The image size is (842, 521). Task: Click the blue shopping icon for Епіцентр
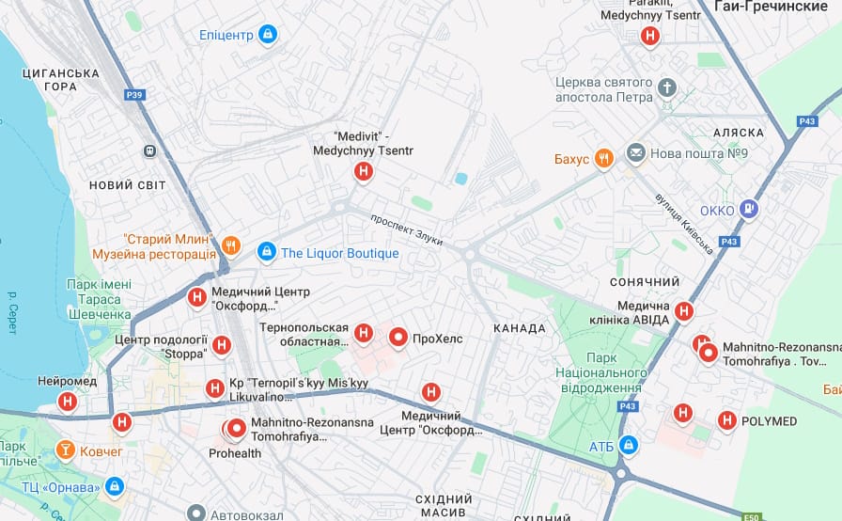coord(268,35)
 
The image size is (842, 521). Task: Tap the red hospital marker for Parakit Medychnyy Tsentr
coord(648,37)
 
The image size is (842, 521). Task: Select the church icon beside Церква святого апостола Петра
coord(666,87)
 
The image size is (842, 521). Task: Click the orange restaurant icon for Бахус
coord(604,158)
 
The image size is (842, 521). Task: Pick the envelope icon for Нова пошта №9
coord(636,152)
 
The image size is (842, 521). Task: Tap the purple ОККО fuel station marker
coord(748,210)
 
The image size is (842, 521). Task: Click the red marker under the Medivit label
coord(363,171)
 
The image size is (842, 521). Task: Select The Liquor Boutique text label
coord(339,253)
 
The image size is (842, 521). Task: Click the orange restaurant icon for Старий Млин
coord(231,246)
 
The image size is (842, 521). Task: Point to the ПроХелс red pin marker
coord(398,337)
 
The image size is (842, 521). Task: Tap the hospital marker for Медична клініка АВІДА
coord(684,311)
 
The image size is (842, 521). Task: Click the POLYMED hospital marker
coord(726,420)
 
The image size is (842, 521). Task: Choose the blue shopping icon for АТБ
coord(629,444)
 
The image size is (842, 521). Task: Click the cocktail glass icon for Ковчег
coord(65,450)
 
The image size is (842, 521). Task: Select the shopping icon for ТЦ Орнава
coord(114,486)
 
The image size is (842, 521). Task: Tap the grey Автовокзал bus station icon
coord(195,513)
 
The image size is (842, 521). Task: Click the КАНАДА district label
coord(519,328)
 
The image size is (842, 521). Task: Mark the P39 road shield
coord(134,95)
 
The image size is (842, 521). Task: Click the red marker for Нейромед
coord(67,403)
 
